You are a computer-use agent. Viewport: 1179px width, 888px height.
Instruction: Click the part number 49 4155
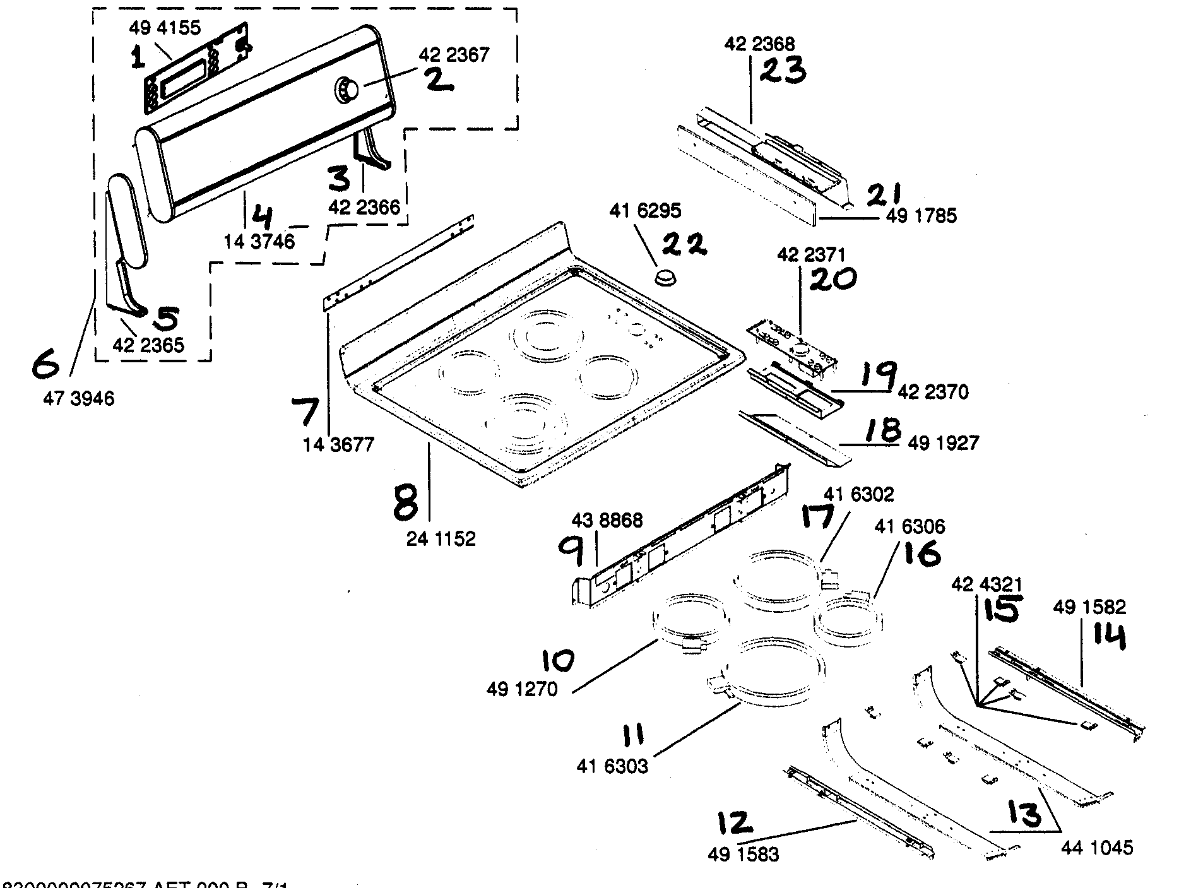[x=165, y=28]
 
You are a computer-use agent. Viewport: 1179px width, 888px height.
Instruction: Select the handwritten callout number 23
[x=782, y=71]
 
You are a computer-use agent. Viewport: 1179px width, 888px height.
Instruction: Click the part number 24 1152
[x=441, y=539]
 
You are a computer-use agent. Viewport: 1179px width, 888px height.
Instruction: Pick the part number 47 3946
[x=79, y=399]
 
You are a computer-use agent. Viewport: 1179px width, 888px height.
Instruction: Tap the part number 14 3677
[x=338, y=444]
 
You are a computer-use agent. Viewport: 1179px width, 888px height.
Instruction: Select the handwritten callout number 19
[x=876, y=377]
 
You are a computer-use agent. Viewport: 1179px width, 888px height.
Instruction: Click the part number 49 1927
[x=943, y=443]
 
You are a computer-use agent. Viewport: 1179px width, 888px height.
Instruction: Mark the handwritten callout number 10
[x=558, y=661]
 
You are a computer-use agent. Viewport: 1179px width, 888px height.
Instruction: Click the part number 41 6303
[x=612, y=766]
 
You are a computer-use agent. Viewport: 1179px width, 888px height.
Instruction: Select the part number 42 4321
[x=986, y=584]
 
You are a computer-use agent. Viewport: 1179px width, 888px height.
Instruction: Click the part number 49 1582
[x=1089, y=607]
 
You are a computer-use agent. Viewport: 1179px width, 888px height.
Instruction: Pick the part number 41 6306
[x=909, y=526]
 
